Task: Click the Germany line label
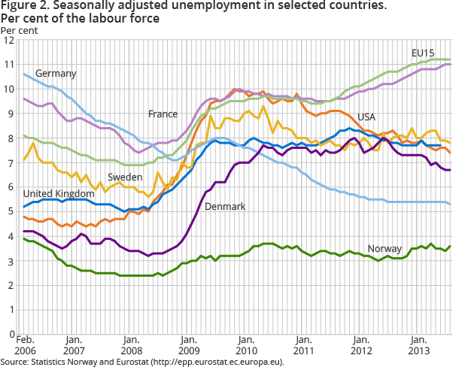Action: (x=56, y=74)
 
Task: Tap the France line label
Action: (x=163, y=114)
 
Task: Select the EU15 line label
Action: (x=423, y=53)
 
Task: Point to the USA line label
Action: (x=366, y=117)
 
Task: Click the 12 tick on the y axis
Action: (x=9, y=41)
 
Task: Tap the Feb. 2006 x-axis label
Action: (x=25, y=348)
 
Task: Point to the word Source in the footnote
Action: (x=14, y=362)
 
